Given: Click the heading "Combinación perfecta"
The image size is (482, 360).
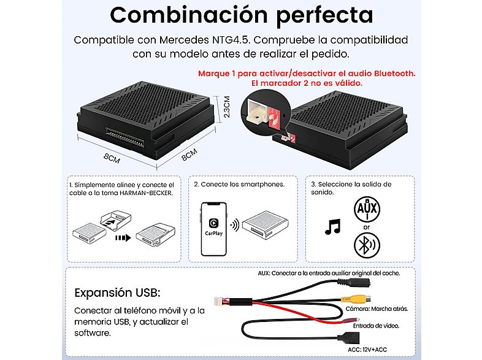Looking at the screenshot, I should (x=241, y=14).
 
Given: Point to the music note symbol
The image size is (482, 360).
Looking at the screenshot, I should (x=332, y=228).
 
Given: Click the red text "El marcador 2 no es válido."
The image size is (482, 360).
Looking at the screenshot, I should (x=306, y=83).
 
